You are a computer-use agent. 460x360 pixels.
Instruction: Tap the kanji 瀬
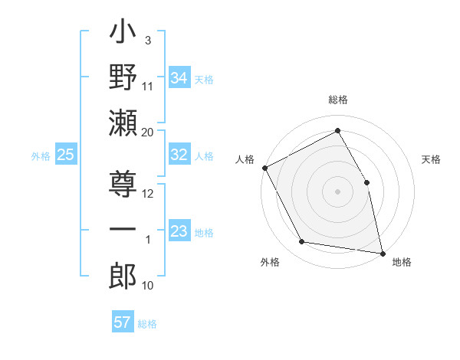point(123,122)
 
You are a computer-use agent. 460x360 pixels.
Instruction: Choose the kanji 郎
point(123,274)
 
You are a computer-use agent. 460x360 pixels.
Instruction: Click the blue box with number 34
point(179,77)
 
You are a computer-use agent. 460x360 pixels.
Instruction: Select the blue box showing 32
point(179,155)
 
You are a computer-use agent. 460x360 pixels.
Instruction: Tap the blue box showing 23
point(179,231)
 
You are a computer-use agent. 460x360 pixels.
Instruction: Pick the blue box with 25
point(66,155)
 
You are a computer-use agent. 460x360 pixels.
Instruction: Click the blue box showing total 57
point(123,322)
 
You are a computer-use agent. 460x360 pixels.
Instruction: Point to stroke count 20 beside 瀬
point(148,133)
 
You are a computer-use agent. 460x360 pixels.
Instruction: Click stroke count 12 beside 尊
point(148,194)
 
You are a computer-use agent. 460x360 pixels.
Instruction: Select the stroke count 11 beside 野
point(148,86)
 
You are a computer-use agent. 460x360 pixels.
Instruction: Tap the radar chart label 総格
point(337,100)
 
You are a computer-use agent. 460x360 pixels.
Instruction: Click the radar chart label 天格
point(431,159)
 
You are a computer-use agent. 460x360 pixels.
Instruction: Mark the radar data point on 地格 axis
point(381,253)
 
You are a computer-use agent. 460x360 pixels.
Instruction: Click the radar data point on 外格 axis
point(302,242)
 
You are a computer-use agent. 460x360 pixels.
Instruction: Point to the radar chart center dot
point(337,191)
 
